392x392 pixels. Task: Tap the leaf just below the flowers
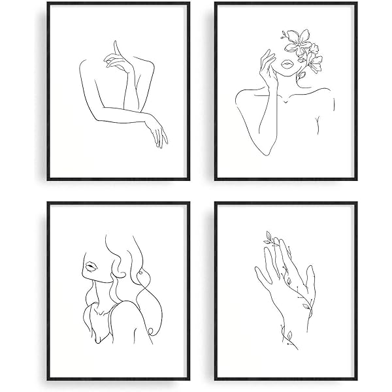[302, 75]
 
